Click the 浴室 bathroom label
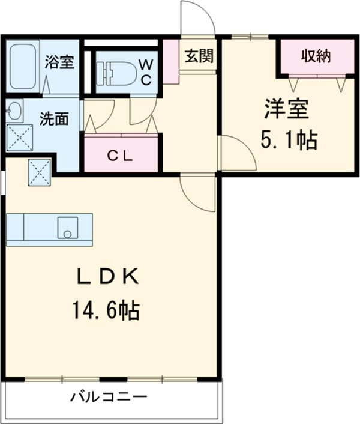tap(59, 62)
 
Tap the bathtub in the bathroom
tap(23, 66)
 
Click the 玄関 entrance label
tap(199, 56)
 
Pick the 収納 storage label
tap(316, 56)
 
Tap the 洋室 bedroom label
tap(287, 109)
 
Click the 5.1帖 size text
tap(289, 140)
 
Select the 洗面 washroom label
tap(54, 119)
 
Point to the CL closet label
tap(120, 156)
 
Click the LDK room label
tap(108, 277)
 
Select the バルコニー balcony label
tap(109, 397)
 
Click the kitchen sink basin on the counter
tap(68, 228)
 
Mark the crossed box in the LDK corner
tap(40, 172)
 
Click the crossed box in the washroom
tap(20, 138)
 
